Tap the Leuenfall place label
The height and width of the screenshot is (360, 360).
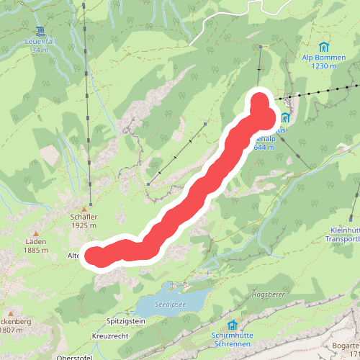click(x=40, y=42)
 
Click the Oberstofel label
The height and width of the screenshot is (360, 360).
click(x=76, y=356)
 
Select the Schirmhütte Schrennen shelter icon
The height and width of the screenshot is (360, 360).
click(x=232, y=325)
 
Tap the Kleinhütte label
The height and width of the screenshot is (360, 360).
click(x=341, y=230)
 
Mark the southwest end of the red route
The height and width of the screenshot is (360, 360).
click(x=96, y=255)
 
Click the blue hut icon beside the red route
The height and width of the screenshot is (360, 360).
click(x=285, y=117)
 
